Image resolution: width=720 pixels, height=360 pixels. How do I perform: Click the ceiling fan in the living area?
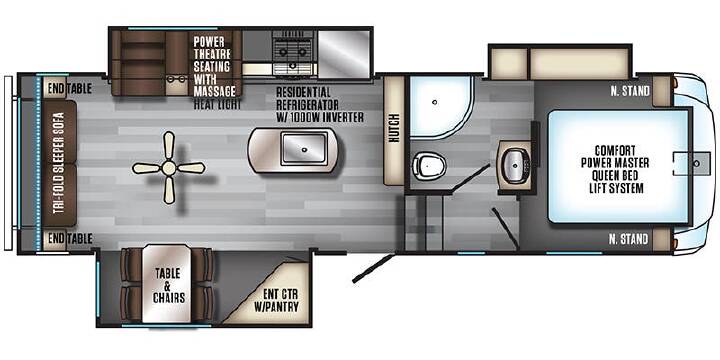[169, 168]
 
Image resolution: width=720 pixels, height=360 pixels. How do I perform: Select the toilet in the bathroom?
[429, 165]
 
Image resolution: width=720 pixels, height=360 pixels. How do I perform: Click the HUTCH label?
[394, 128]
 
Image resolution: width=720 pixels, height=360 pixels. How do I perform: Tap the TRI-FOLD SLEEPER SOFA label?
[58, 164]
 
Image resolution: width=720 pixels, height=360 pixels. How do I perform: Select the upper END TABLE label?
[69, 89]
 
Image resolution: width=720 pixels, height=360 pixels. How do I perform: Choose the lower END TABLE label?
[70, 239]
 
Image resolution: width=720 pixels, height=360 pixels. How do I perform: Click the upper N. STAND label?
[629, 91]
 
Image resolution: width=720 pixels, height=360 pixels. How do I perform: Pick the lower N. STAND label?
[629, 239]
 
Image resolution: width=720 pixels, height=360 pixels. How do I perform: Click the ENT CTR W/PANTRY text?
[281, 301]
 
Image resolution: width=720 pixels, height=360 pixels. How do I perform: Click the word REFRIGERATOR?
[308, 104]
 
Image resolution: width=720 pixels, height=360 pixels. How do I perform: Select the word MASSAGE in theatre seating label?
[214, 91]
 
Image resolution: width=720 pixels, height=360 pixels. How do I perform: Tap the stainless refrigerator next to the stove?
[344, 54]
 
